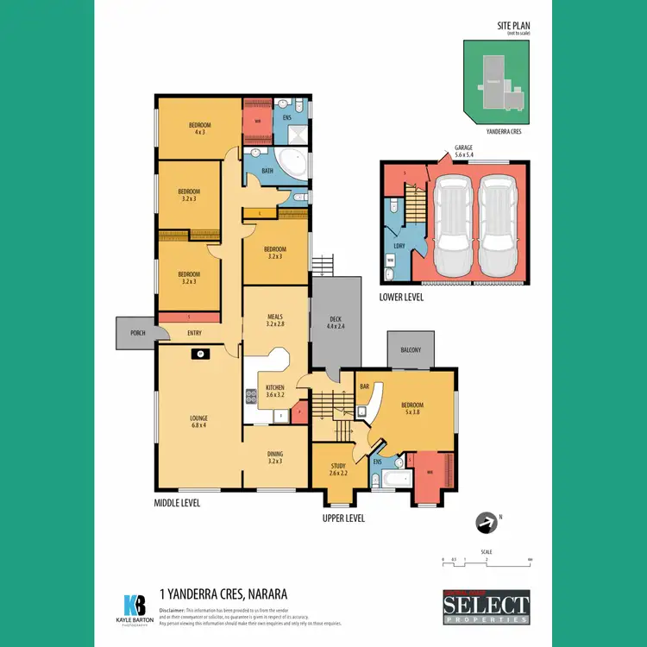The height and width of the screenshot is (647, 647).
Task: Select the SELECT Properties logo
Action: point(487,607)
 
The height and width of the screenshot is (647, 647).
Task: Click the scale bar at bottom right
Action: point(487,561)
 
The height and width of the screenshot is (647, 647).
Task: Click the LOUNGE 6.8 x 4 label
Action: point(199,421)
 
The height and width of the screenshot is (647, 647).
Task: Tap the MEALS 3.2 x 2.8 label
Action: point(275,321)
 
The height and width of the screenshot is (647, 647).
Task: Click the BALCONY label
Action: point(411,349)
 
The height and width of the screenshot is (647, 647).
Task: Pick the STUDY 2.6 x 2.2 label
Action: point(337,470)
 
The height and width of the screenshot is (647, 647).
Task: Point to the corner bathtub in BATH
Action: point(292,164)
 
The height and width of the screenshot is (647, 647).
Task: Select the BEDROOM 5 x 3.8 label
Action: point(412,409)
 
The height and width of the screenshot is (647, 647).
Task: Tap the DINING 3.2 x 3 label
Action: point(275,457)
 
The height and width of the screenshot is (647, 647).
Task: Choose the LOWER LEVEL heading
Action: point(402,297)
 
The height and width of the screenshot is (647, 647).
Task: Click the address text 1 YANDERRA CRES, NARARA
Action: point(223,594)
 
